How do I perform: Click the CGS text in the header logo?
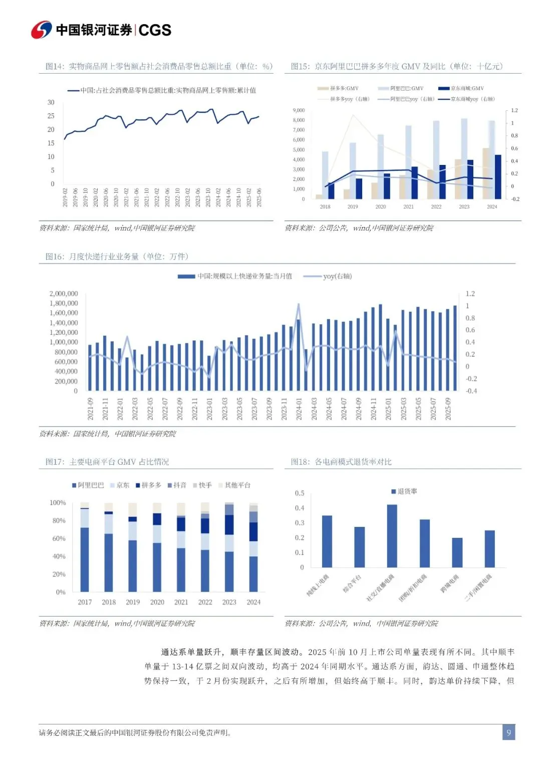(155, 30)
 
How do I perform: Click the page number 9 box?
(508, 732)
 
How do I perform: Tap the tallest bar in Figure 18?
(392, 535)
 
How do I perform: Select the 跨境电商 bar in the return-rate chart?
(457, 552)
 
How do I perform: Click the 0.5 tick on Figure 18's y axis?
(300, 493)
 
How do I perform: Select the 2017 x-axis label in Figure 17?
(85, 602)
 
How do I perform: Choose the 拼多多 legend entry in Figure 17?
(148, 485)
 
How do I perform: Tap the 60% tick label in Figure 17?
(59, 538)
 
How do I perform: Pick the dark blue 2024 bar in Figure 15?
(498, 177)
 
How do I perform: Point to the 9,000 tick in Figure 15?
(299, 110)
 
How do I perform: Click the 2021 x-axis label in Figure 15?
(408, 207)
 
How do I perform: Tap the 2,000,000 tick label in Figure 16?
(64, 294)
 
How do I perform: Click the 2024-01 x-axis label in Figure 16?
(299, 409)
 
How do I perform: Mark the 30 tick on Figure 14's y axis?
(51, 102)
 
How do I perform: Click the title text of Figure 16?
(117, 257)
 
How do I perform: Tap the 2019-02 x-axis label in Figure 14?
(65, 198)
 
